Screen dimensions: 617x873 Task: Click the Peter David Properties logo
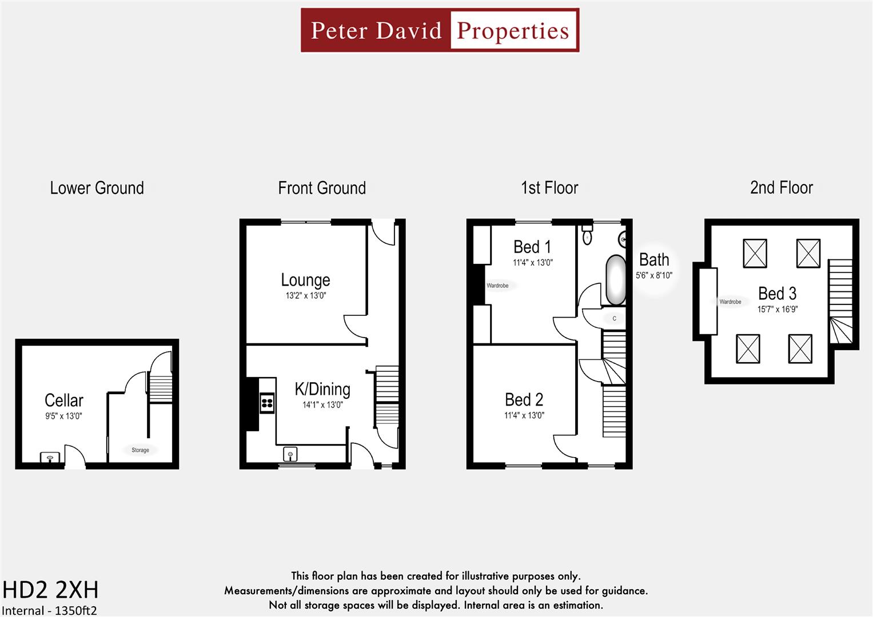[x=440, y=30]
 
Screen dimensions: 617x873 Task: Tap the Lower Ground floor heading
[x=97, y=188]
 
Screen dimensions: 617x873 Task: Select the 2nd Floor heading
[x=781, y=188]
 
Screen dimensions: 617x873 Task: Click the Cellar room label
[x=64, y=400]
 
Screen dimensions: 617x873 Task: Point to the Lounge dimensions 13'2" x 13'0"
[x=306, y=296]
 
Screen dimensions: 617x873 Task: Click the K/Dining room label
[x=322, y=390]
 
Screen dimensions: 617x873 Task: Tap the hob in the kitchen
[x=267, y=403]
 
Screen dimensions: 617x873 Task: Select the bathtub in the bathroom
[x=616, y=280]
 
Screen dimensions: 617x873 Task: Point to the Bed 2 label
[x=524, y=399]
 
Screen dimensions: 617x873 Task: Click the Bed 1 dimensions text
[x=532, y=263]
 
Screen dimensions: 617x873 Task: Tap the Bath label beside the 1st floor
[x=654, y=260]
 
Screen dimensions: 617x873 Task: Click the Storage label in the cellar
[x=140, y=450]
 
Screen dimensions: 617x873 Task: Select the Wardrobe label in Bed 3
[x=730, y=302]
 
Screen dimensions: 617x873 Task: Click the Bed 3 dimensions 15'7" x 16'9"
[x=778, y=310]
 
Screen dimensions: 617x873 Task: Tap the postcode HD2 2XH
[x=50, y=590]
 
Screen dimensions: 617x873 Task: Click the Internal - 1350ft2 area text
[x=49, y=610]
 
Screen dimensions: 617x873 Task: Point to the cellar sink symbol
[x=50, y=458]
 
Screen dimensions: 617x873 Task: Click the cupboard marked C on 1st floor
[x=615, y=318]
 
